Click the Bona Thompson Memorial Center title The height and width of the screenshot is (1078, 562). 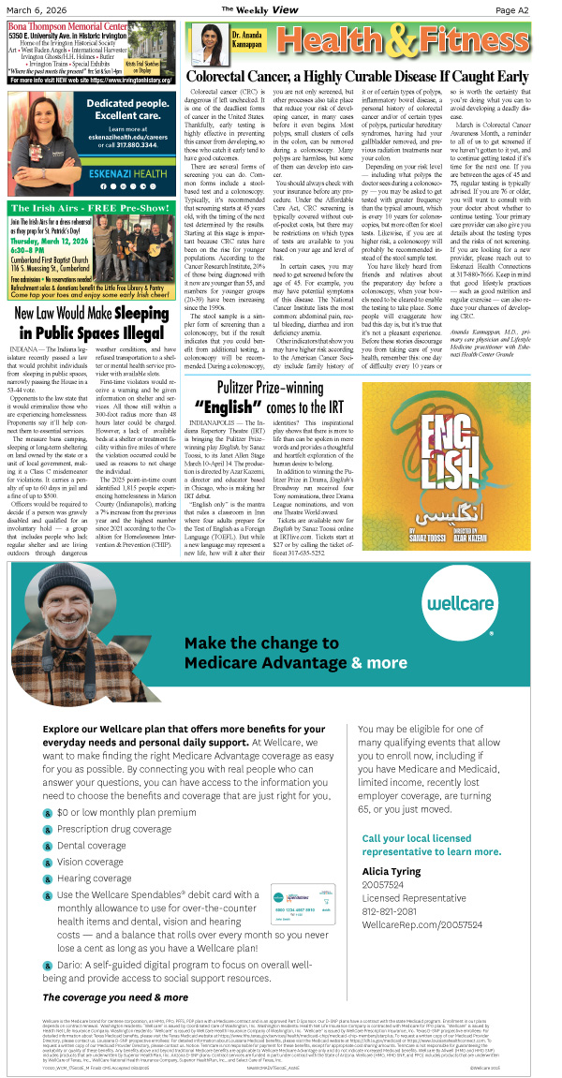point(67,26)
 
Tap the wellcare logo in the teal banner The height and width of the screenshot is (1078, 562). point(466,609)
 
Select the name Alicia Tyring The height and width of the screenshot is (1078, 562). point(392,870)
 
